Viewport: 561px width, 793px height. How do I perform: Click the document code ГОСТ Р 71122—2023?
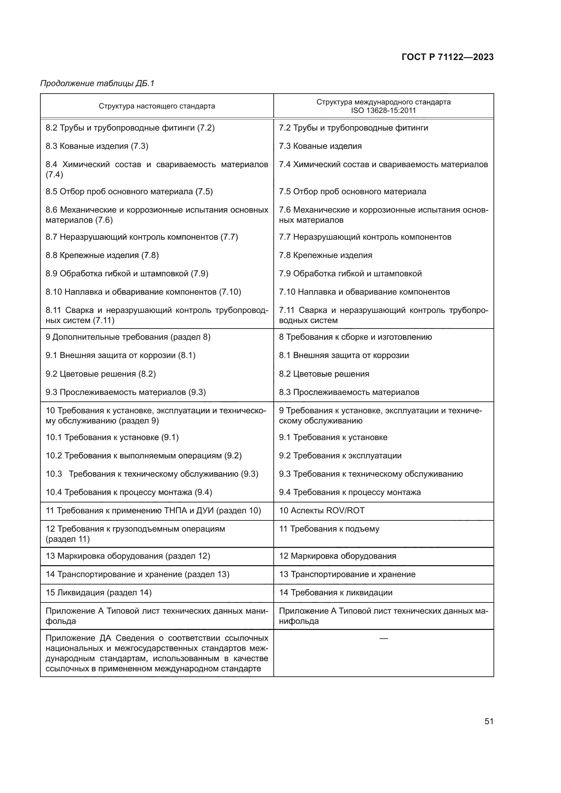[x=447, y=57]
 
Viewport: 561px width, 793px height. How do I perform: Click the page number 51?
[x=489, y=721]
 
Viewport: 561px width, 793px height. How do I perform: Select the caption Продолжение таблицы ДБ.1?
[x=97, y=83]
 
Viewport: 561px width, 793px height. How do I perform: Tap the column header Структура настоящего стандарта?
[x=156, y=106]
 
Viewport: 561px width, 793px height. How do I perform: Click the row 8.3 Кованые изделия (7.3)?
[x=97, y=146]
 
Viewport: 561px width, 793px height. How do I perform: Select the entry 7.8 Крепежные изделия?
[x=325, y=255]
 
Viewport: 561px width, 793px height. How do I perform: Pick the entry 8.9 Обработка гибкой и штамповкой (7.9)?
[x=127, y=274]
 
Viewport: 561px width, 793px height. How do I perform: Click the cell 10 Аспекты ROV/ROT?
[x=321, y=511]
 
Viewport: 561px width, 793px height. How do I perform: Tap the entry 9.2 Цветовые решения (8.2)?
[x=100, y=374]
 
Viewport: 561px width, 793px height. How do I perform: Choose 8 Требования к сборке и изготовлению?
[x=355, y=337]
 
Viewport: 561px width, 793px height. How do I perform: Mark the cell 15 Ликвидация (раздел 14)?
[x=98, y=593]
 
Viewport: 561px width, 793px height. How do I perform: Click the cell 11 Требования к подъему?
[x=329, y=529]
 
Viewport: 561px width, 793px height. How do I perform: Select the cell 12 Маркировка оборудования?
[x=337, y=556]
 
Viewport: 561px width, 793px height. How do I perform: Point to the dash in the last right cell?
[x=384, y=639]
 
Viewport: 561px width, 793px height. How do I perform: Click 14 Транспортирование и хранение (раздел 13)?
[x=137, y=574]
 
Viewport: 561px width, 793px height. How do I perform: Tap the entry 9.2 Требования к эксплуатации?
[x=340, y=456]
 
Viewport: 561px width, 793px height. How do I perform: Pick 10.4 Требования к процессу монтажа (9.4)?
[x=129, y=492]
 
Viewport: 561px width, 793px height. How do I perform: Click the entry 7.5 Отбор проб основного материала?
[x=352, y=192]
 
